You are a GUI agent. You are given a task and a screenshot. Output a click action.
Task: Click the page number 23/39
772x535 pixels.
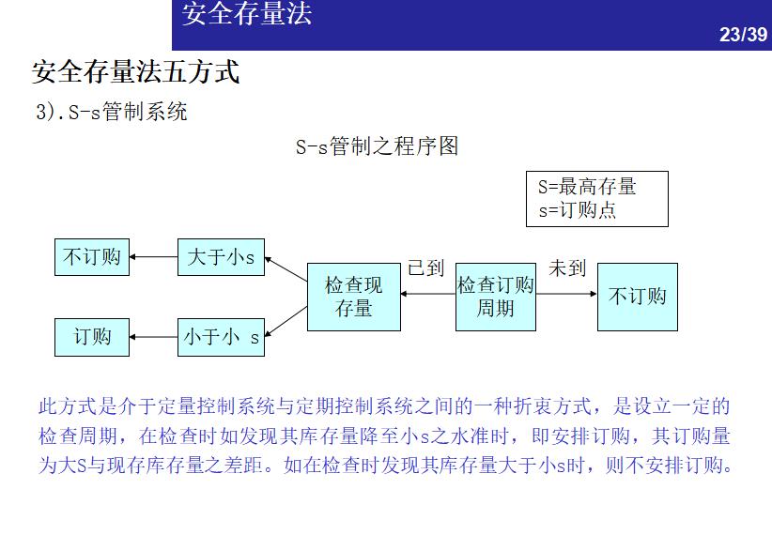point(743,35)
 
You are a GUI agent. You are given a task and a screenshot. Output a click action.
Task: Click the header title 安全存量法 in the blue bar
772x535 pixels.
point(246,15)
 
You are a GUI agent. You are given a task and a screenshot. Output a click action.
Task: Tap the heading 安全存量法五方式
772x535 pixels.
point(136,71)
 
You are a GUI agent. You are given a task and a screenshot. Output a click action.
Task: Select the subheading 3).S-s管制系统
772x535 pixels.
point(112,113)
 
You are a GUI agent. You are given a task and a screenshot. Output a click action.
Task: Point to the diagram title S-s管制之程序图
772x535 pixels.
point(377,146)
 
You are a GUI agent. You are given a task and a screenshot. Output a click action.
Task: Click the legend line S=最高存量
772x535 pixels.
point(587,187)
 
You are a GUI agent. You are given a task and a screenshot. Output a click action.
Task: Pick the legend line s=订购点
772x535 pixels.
point(577,210)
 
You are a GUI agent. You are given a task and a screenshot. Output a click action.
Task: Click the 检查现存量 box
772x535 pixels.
point(354,297)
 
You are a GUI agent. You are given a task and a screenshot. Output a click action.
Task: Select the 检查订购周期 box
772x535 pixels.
point(496,297)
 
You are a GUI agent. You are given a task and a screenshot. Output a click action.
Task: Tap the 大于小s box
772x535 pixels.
point(221,257)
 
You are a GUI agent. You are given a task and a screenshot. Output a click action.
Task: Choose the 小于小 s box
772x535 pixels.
point(221,338)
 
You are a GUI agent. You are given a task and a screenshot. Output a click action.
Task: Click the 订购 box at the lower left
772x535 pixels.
point(92,337)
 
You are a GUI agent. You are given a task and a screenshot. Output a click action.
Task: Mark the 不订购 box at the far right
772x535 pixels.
point(638,297)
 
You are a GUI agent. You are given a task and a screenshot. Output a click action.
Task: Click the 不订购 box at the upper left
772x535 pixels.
point(92,257)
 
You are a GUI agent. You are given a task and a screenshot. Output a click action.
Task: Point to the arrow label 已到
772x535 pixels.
point(425,269)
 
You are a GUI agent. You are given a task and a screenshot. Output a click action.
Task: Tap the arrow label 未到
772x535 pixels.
point(567,269)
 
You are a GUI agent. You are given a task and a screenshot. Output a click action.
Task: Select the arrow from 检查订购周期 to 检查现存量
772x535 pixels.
point(428,295)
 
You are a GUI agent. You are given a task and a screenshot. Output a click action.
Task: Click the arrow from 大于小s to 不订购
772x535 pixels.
point(153,257)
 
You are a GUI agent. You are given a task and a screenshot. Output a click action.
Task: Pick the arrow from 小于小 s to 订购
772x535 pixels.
point(153,337)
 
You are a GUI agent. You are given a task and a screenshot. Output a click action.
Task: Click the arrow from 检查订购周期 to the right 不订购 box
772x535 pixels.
point(566,295)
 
